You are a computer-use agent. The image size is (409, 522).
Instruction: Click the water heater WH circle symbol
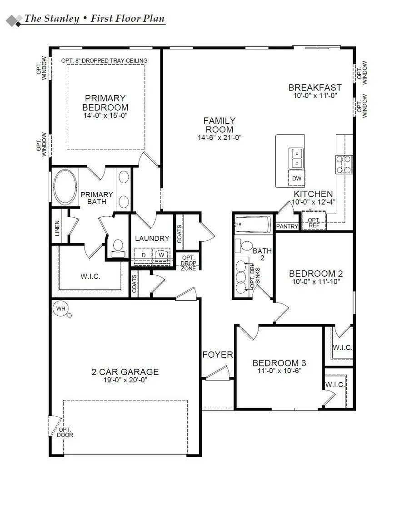click(61, 309)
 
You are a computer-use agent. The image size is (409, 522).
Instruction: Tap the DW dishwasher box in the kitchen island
click(297, 178)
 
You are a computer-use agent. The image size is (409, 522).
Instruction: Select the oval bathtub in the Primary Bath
click(65, 188)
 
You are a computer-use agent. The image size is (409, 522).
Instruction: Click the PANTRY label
click(287, 226)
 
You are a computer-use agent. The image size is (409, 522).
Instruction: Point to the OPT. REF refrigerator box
click(314, 222)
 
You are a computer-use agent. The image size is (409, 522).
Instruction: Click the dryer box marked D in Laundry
click(144, 255)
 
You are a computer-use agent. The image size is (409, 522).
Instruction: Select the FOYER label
click(218, 355)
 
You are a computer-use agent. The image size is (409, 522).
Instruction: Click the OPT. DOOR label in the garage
click(65, 432)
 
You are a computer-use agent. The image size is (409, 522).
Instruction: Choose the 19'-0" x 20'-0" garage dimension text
click(125, 381)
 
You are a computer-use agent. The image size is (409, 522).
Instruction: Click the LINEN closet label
click(57, 228)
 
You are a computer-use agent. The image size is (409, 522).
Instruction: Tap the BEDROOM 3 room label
click(279, 363)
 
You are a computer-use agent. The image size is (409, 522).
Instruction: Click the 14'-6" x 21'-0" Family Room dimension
click(219, 137)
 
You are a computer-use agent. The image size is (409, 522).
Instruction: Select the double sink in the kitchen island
click(296, 158)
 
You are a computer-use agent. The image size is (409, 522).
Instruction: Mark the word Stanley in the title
click(66, 19)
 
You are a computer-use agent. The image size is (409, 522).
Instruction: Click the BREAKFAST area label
click(315, 88)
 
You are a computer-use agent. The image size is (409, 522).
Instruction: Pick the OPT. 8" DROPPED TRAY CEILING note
click(104, 60)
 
